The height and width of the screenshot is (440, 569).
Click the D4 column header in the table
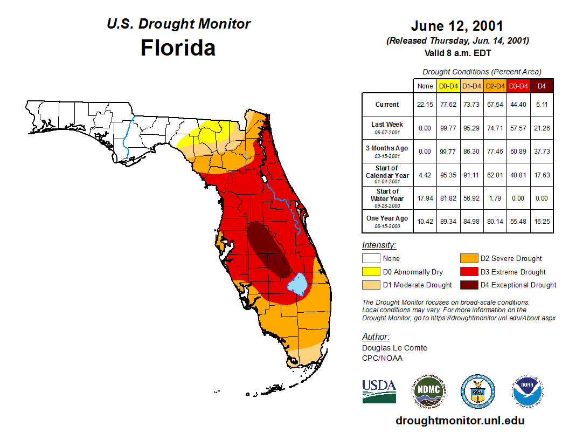tap(542, 86)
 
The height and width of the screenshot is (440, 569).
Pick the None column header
tap(425, 86)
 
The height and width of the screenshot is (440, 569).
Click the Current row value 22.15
tap(425, 105)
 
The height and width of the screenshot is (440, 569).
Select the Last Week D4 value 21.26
tap(542, 128)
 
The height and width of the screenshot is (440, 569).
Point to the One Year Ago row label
tap(387, 218)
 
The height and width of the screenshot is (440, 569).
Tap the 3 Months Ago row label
tap(387, 148)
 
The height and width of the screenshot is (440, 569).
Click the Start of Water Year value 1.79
tap(495, 198)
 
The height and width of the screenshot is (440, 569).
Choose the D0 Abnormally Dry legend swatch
tap(371, 272)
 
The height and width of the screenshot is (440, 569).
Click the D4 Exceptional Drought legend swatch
tap(469, 285)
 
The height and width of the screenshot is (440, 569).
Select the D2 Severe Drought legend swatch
tap(469, 259)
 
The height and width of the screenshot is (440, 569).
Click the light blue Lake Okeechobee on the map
tap(297, 283)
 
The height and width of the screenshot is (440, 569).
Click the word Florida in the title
tap(178, 48)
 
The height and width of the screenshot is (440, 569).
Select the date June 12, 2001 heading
tap(457, 26)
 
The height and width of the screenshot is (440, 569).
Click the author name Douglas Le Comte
tap(394, 348)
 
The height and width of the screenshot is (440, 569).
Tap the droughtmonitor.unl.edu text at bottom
tap(460, 421)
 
